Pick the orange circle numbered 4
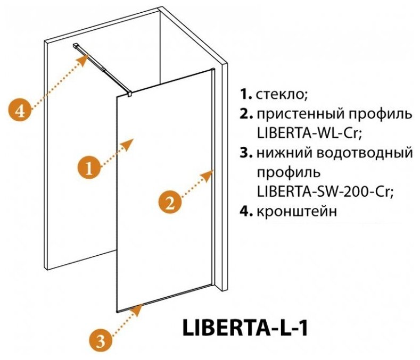(x=20, y=111)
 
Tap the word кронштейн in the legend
(x=297, y=212)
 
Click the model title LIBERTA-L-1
(x=246, y=326)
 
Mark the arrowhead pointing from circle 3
(x=139, y=307)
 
